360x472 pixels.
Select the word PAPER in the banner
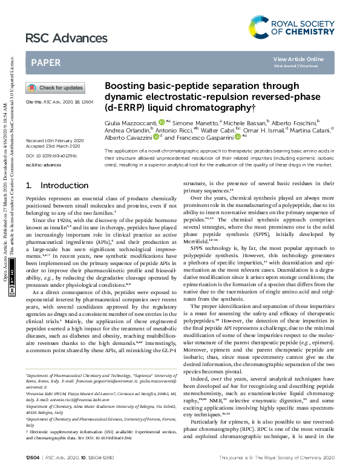(45, 62)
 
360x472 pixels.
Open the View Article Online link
(298, 59)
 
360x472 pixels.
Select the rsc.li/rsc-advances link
(44, 164)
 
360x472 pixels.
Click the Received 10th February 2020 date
(54, 140)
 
